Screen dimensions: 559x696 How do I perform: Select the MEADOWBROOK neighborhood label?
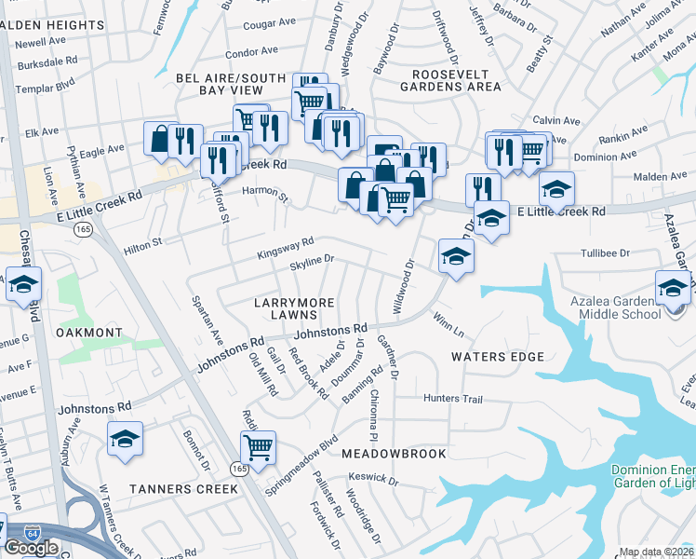(394, 453)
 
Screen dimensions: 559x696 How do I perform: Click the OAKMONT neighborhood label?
(89, 333)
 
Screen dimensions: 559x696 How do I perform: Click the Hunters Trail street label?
(453, 400)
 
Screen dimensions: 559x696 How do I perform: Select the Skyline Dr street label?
(312, 264)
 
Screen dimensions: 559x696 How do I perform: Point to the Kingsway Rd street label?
(286, 247)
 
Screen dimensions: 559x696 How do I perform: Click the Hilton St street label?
(143, 242)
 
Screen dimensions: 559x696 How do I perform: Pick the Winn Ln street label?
(448, 325)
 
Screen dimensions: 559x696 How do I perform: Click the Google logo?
(31, 548)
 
